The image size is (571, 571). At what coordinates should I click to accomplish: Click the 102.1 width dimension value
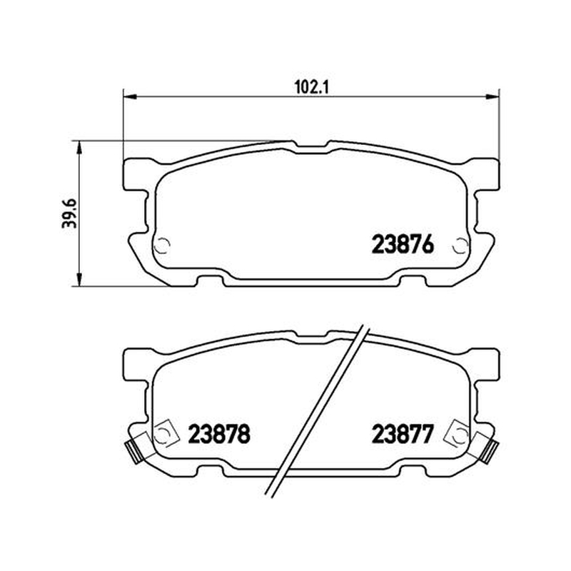coord(311,87)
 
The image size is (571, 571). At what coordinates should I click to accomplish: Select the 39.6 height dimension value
coord(69,213)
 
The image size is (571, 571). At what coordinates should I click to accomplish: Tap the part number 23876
coord(403,244)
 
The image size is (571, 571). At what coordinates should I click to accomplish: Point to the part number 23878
coord(219,434)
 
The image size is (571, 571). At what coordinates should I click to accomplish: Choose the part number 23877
coord(403,434)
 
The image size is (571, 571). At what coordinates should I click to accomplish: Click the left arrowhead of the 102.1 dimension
coord(130,97)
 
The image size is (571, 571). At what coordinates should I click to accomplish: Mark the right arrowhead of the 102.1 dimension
coord(492,97)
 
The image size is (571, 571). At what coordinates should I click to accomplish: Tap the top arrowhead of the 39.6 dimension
coord(79,148)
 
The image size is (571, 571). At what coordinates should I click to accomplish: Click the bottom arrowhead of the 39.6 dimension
coord(79,279)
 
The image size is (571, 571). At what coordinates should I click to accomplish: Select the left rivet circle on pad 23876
coord(162,246)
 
